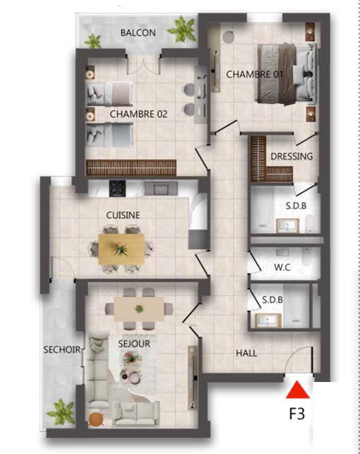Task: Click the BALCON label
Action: [x=138, y=32]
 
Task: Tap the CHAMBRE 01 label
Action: [x=254, y=74]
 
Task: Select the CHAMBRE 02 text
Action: [x=138, y=114]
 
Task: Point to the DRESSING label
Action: [x=292, y=156]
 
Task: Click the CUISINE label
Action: [x=123, y=215]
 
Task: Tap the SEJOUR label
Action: [x=134, y=344]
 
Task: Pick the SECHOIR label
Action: [x=62, y=350]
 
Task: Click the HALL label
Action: [x=246, y=353]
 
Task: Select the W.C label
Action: [x=282, y=267]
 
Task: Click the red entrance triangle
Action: [x=298, y=391]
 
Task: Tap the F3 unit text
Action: [x=297, y=414]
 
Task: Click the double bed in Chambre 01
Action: [x=285, y=73]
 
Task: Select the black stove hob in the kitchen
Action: [x=117, y=189]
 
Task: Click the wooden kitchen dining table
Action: [x=121, y=249]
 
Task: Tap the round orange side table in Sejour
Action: [x=96, y=419]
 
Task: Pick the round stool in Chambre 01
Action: [x=228, y=37]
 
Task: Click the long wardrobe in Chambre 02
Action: [x=131, y=167]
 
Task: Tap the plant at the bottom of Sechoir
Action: [x=61, y=412]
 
